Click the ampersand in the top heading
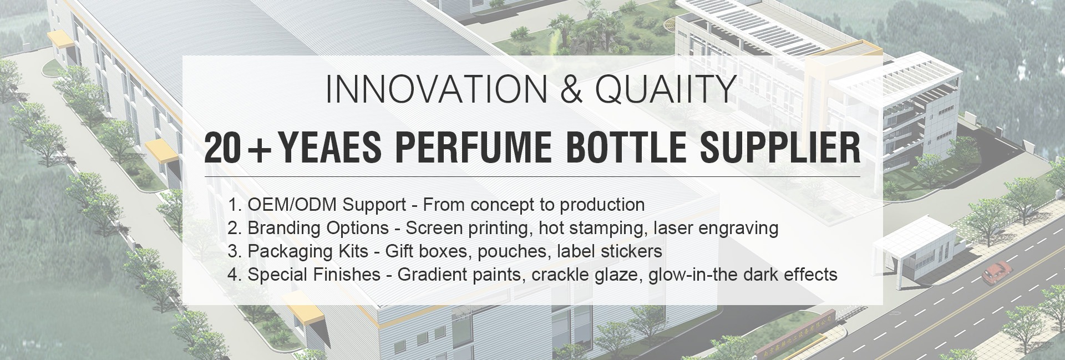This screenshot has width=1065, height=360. coord(572,89)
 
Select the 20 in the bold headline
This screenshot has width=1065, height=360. coord(222,148)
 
